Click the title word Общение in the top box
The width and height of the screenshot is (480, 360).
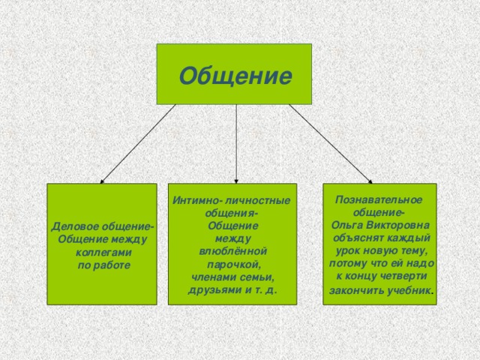[234, 76]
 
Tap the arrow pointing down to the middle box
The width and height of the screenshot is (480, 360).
[236, 142]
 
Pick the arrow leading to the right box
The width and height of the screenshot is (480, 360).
[330, 142]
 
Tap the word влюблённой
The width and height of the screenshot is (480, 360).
[232, 251]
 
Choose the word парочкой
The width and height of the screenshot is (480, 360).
[233, 265]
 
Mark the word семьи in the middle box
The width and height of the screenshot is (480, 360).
[256, 277]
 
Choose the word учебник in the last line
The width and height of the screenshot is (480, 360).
[409, 290]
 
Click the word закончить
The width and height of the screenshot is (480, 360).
[356, 290]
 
